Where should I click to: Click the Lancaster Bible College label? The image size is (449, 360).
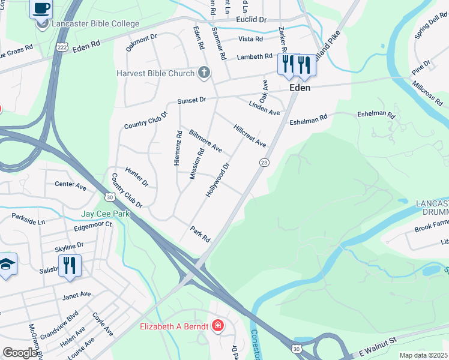pyautogui.click(x=95, y=24)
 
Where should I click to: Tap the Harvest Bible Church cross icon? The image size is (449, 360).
pyautogui.click(x=204, y=73)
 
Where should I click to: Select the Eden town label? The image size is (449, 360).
pyautogui.click(x=300, y=88)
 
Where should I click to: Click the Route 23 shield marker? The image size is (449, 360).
pyautogui.click(x=264, y=163)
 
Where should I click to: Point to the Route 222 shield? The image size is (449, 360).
pyautogui.click(x=61, y=46)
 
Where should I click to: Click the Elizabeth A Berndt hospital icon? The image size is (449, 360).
pyautogui.click(x=217, y=326)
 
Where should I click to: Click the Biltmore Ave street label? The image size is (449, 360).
pyautogui.click(x=205, y=140)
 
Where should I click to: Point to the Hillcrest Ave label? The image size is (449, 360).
pyautogui.click(x=250, y=136)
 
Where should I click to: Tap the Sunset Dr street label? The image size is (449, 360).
pyautogui.click(x=191, y=101)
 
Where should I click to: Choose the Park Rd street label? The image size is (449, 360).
pyautogui.click(x=200, y=234)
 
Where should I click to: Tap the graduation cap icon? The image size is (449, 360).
pyautogui.click(x=6, y=265)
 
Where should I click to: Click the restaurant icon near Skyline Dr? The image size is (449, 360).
pyautogui.click(x=70, y=265)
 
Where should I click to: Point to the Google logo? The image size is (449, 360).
pyautogui.click(x=19, y=353)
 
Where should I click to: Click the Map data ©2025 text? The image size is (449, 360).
pyautogui.click(x=423, y=355)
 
